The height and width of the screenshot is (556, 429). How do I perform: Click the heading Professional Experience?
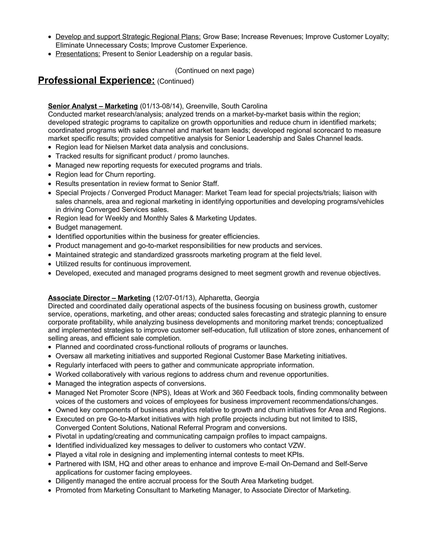pyautogui.click(x=96, y=80)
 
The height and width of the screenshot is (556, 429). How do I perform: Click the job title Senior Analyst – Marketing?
pyautogui.click(x=93, y=106)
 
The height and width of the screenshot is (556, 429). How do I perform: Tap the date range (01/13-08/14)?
pyautogui.click(x=162, y=106)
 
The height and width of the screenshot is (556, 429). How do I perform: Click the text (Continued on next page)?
pyautogui.click(x=214, y=70)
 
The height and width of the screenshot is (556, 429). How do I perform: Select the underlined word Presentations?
pyautogui.click(x=78, y=54)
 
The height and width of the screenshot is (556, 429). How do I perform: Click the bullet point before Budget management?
pyautogui.click(x=50, y=227)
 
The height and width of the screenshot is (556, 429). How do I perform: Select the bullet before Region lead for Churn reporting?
pyautogui.click(x=50, y=175)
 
